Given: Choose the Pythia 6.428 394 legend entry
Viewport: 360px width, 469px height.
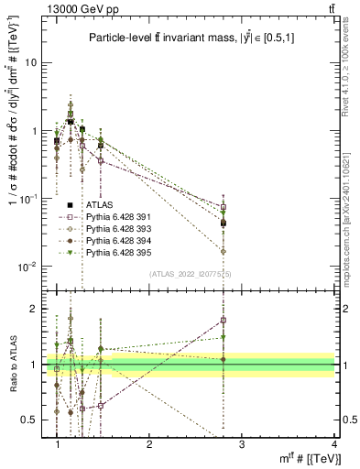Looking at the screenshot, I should click(x=115, y=241).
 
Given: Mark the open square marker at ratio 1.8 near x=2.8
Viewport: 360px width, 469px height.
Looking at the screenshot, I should click(x=224, y=320).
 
